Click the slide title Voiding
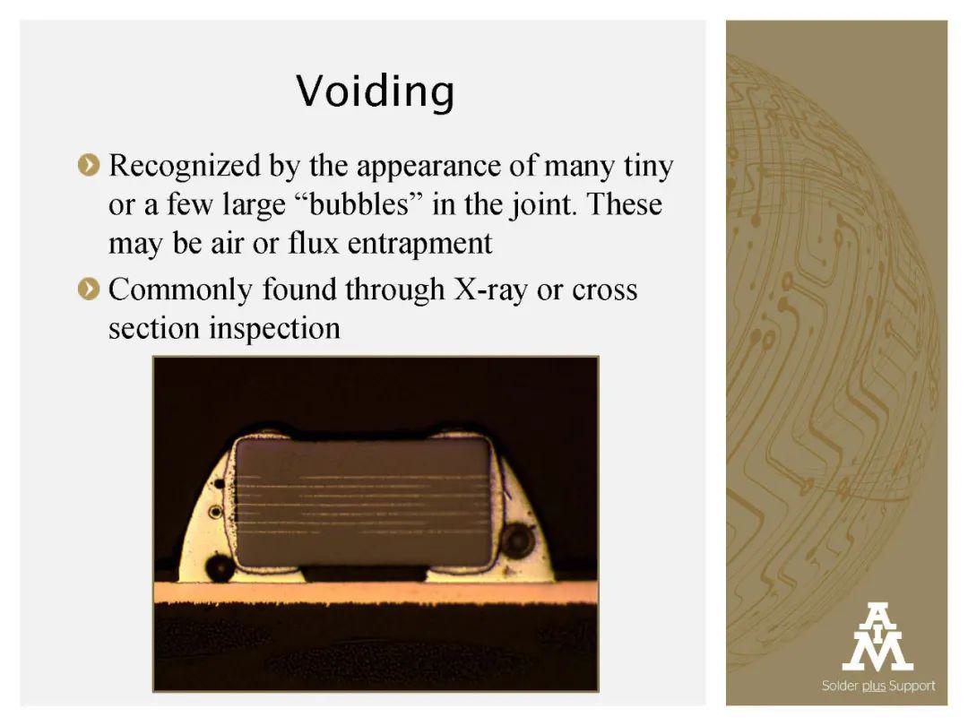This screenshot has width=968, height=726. [x=376, y=91]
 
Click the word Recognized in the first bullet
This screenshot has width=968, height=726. [x=185, y=167]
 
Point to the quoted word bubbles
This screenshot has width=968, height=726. [x=358, y=203]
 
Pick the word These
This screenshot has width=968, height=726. [x=625, y=203]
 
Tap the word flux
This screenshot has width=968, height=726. [x=314, y=243]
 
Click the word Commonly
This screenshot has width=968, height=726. [x=180, y=290]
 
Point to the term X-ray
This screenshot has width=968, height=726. [x=491, y=290]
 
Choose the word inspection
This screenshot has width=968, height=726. [x=275, y=329]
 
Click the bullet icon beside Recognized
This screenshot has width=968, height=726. [x=89, y=165]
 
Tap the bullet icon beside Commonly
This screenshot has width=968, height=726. [x=89, y=289]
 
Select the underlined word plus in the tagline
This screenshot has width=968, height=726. [x=874, y=686]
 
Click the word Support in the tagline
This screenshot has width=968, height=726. [x=912, y=686]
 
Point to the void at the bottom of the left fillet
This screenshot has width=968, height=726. [x=220, y=567]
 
